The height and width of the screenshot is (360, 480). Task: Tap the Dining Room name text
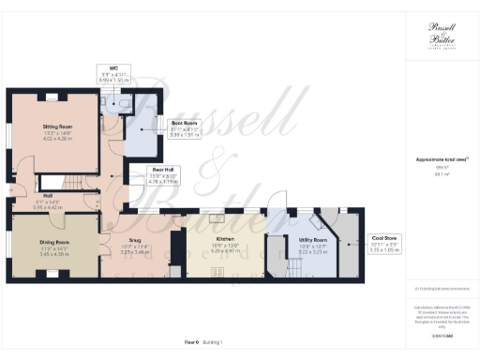[55, 242]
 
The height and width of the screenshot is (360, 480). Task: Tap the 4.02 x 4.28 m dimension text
[57, 138]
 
